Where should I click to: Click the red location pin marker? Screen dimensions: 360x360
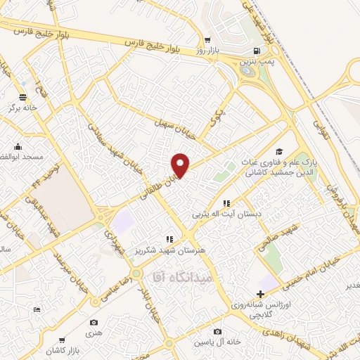tap(181, 165)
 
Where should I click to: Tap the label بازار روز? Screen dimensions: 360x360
tap(208, 51)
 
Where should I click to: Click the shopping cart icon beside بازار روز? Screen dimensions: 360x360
tap(207, 39)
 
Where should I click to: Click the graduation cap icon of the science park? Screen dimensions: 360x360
tap(279, 152)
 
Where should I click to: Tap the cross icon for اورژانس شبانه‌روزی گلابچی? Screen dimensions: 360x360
tap(261, 293)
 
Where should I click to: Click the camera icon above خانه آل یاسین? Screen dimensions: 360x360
tap(217, 332)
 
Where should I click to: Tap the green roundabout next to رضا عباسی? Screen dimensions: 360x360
tap(136, 272)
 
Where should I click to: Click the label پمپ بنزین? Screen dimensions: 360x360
tap(255, 63)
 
